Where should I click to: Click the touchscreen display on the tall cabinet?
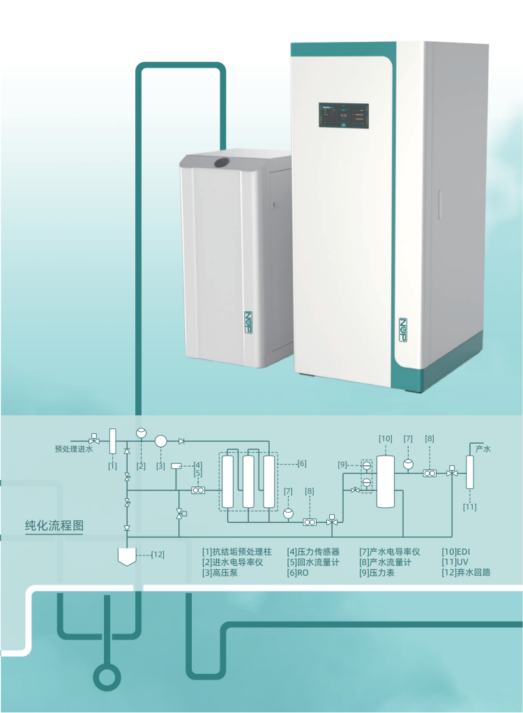tap(344, 116)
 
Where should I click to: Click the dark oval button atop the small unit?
tap(221, 163)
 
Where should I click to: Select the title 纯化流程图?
tap(54, 525)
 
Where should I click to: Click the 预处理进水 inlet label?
tap(73, 449)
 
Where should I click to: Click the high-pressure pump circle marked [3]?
tap(160, 441)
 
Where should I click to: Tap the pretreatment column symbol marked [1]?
tap(112, 442)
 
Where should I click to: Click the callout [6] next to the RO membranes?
tap(301, 463)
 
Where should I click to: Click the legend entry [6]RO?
tap(298, 573)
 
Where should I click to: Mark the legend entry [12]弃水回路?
tap(467, 573)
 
